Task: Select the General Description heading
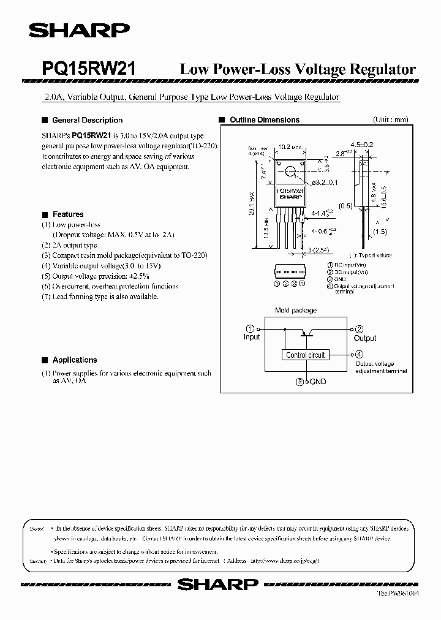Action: pos(87,120)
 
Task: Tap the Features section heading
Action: pos(68,214)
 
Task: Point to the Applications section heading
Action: pos(75,360)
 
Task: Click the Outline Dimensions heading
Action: pos(264,120)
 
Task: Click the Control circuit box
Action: pos(306,355)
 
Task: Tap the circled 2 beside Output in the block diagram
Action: pos(360,329)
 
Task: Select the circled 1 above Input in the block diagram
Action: pos(249,329)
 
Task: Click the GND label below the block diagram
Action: pos(318,382)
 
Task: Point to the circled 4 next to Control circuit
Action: pos(359,354)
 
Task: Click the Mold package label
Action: pos(296,311)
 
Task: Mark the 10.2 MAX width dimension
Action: pos(289,147)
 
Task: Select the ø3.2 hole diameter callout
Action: pos(325,183)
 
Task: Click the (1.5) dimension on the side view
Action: pos(380,232)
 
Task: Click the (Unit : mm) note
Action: pos(391,120)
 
